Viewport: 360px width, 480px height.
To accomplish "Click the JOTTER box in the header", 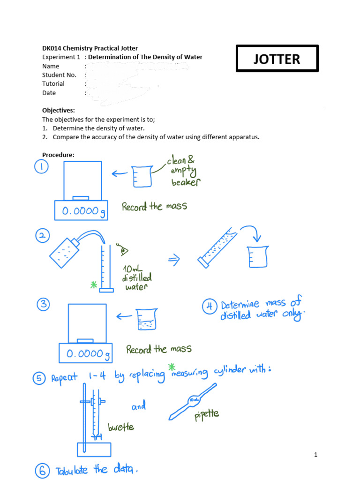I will [277, 59].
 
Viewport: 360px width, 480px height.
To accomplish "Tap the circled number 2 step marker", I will [43, 237].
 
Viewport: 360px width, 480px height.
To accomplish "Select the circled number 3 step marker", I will [43, 305].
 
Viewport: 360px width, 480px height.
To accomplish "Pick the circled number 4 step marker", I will [210, 307].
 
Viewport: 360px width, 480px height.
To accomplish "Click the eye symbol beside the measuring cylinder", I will [124, 251].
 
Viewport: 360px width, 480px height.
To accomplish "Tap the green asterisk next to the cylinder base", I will [94, 285].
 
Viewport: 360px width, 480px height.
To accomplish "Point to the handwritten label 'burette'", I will [121, 427].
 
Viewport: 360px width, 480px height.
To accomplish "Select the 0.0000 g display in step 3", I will [86, 354].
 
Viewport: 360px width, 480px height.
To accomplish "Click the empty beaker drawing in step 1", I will [142, 176].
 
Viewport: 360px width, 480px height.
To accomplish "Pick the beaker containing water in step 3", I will [146, 319].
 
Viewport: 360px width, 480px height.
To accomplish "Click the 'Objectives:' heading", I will [59, 110].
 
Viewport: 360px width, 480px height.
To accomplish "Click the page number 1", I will [316, 454].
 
